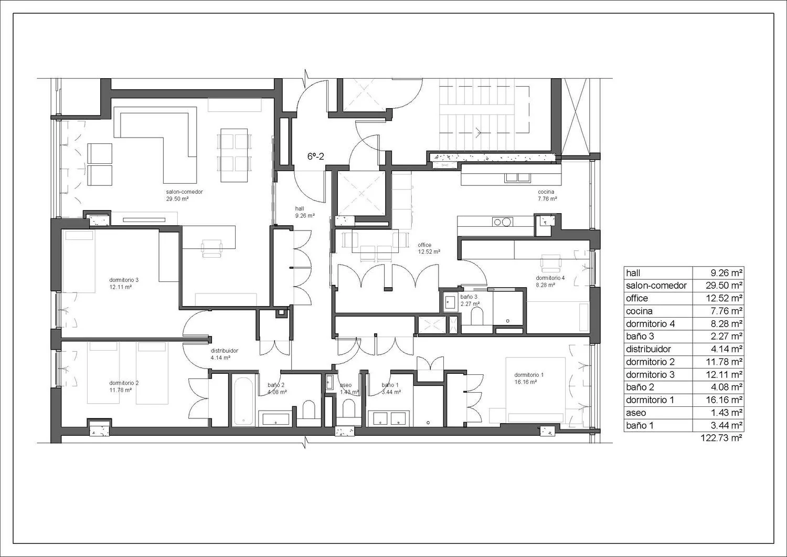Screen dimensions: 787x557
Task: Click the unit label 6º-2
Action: [x=315, y=156]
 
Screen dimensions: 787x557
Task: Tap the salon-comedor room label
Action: [x=185, y=192]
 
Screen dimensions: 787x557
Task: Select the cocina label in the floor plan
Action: [x=546, y=192]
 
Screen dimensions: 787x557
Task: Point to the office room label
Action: [x=424, y=245]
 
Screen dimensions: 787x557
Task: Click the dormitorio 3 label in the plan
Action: [x=124, y=280]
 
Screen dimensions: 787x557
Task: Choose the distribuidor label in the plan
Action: [x=225, y=351]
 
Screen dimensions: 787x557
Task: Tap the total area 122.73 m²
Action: [x=721, y=438]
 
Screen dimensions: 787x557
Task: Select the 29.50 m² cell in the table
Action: [x=724, y=286]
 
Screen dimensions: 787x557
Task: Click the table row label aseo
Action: [x=636, y=413]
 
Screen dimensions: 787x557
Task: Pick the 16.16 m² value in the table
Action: [x=724, y=400]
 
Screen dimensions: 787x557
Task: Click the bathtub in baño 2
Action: [x=243, y=402]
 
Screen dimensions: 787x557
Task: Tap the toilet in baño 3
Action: [x=476, y=316]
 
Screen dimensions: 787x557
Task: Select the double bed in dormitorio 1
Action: [x=536, y=390]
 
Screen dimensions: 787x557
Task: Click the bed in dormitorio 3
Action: [x=79, y=261]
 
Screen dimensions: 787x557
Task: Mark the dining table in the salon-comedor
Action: [x=234, y=155]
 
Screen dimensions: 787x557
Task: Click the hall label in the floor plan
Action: [x=300, y=209]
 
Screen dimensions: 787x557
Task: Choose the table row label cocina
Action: [x=639, y=311]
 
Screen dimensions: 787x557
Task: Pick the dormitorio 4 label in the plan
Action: [x=550, y=278]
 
